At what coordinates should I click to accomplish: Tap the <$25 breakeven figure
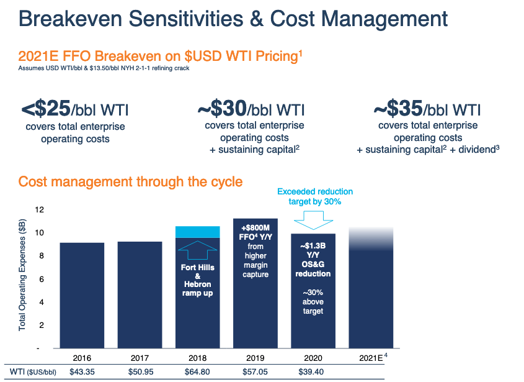click(47, 110)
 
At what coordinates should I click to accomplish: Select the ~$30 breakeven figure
click(221, 110)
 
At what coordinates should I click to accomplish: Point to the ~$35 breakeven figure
click(397, 110)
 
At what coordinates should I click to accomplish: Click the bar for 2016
click(82, 295)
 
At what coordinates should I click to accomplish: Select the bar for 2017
click(140, 295)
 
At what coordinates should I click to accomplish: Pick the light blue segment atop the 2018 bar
click(197, 232)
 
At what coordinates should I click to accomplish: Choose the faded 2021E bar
click(371, 292)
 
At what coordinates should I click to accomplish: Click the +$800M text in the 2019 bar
click(255, 227)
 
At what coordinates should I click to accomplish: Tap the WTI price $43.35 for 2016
click(82, 372)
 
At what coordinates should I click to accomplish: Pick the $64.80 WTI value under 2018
click(197, 372)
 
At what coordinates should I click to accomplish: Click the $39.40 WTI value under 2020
click(313, 372)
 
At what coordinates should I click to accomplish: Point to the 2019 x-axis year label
click(255, 358)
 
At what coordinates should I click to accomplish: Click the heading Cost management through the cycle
click(130, 182)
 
